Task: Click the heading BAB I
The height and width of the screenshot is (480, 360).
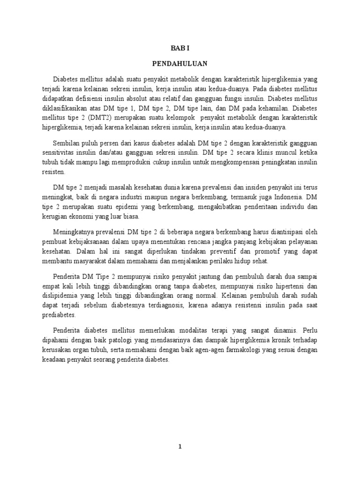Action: coord(180,48)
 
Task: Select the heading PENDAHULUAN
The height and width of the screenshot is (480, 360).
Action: coord(180,63)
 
